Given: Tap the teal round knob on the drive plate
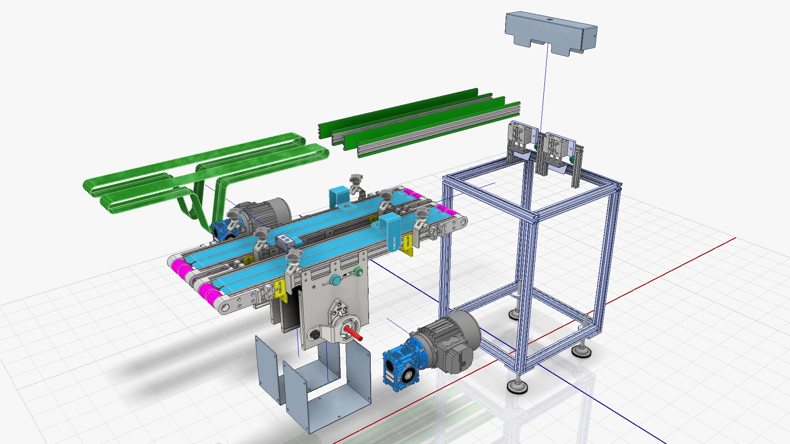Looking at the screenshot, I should (x=336, y=281).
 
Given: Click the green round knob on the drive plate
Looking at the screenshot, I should (x=358, y=271).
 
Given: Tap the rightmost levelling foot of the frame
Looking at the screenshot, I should (x=581, y=350).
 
